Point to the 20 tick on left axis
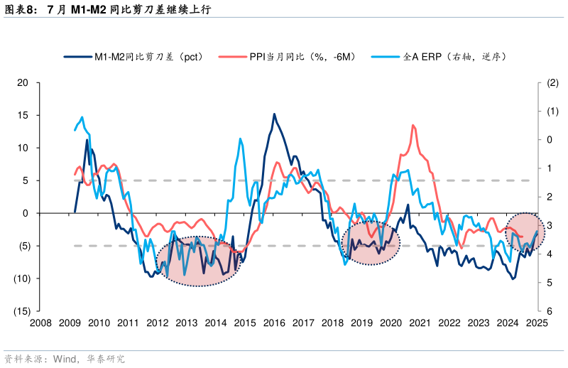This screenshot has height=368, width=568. [x=23, y=83]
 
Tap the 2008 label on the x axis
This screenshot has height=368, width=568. [x=40, y=323]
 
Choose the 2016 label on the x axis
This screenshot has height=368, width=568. [x=274, y=323]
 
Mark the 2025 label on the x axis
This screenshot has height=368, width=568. [x=537, y=323]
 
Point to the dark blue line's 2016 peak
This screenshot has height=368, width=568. [x=274, y=114]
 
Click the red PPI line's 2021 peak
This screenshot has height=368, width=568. [x=413, y=126]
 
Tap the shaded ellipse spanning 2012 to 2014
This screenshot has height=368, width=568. [x=198, y=261]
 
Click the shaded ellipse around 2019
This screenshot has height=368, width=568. [x=371, y=242]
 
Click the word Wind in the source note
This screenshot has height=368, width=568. [x=66, y=358]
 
